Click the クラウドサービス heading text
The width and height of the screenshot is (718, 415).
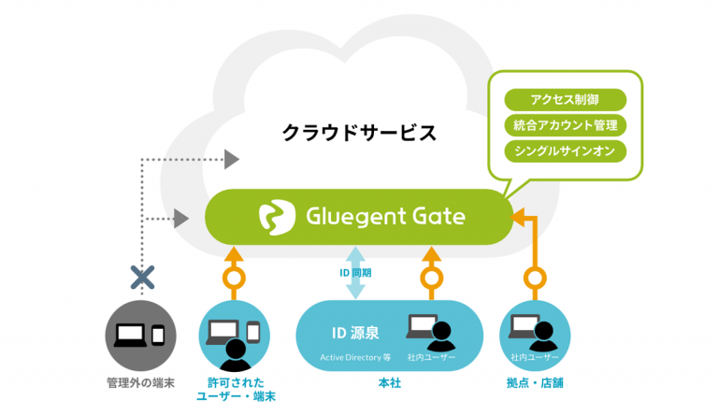[359, 132]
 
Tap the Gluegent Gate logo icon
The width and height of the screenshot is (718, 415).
[277, 217]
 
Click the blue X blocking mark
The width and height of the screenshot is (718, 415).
[142, 276]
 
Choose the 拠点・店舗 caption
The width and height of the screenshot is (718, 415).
[534, 383]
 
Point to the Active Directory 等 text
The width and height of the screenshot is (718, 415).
[353, 357]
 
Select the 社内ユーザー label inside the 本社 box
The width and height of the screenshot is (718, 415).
[430, 357]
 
